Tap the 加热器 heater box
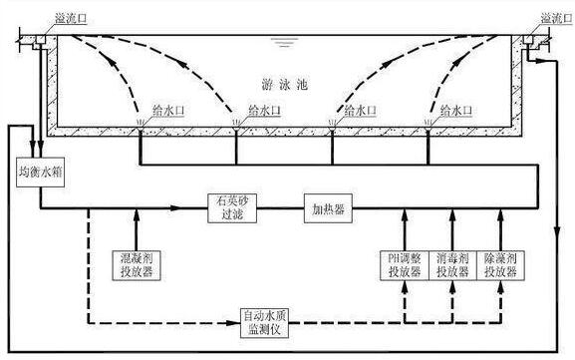coord(329,207)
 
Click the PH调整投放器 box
coord(404,265)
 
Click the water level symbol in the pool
coord(287,42)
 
